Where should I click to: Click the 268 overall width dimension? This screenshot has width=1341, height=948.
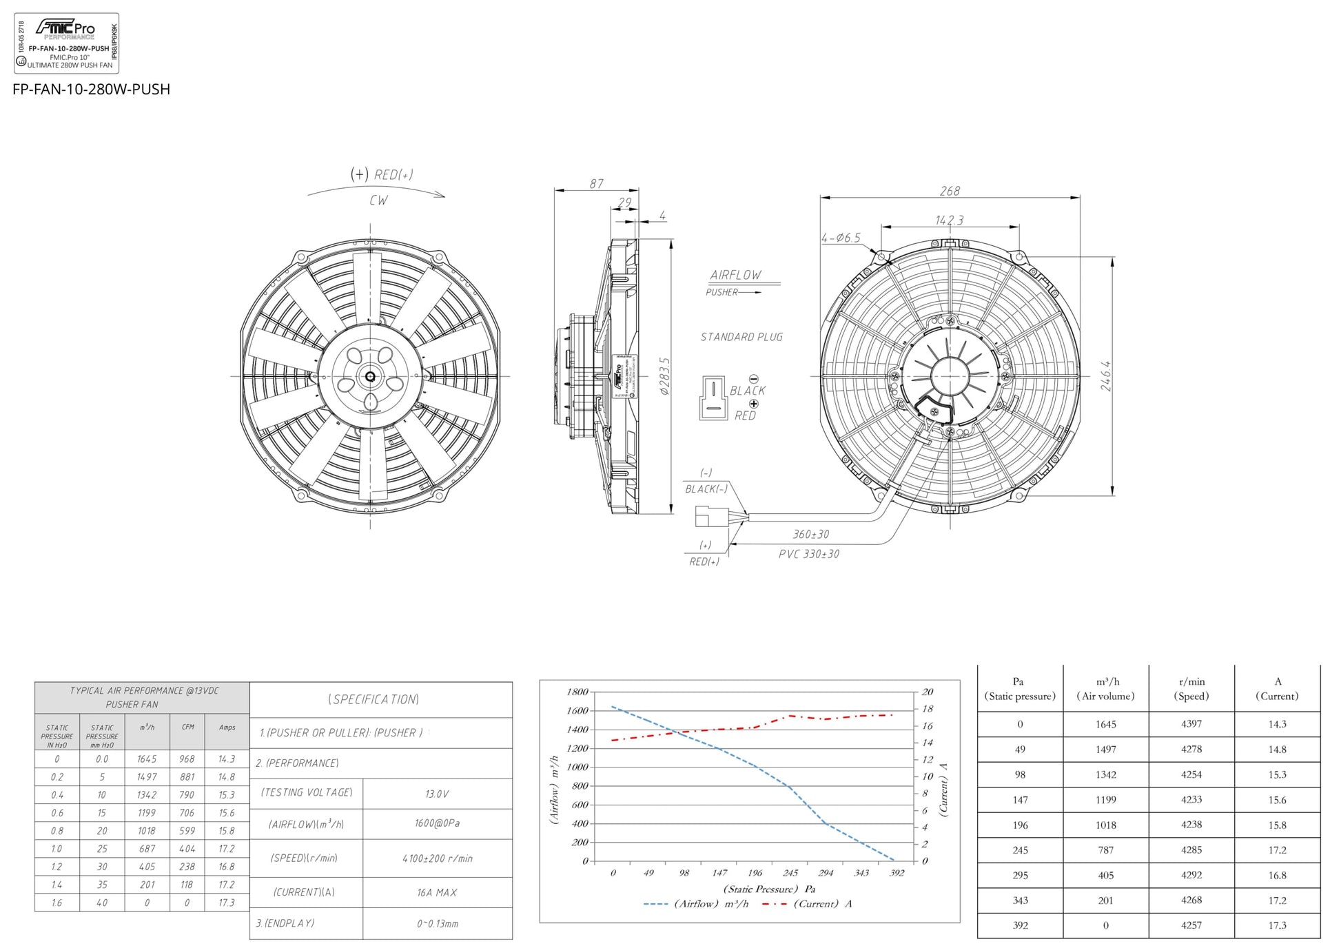point(950,191)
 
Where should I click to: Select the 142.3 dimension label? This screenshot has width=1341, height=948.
point(949,220)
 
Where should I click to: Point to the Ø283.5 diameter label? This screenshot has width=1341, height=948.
point(664,376)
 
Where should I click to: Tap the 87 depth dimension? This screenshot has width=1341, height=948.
point(596,184)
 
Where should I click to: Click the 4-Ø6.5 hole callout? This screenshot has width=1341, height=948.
point(841,238)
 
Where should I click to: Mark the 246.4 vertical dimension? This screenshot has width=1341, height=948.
point(1105,376)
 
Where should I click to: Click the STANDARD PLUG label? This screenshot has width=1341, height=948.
point(741,337)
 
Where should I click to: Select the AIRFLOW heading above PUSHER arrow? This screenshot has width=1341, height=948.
point(736,275)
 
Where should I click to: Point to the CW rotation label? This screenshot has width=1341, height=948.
point(378,200)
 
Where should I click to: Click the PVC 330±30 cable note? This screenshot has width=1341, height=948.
point(809,554)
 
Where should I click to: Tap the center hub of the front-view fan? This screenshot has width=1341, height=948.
point(371,376)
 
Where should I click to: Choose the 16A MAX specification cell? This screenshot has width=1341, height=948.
point(437,892)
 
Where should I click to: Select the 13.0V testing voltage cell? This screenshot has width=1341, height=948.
point(437,794)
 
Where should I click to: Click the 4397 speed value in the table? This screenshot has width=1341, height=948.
point(1191,724)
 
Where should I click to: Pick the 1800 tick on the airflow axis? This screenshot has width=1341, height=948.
point(577,692)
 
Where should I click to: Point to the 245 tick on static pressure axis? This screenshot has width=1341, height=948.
point(790,873)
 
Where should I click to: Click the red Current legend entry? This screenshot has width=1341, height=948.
point(806,904)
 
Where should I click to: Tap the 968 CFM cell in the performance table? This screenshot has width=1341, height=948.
point(187,759)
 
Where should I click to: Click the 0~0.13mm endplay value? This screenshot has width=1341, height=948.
point(437,923)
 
